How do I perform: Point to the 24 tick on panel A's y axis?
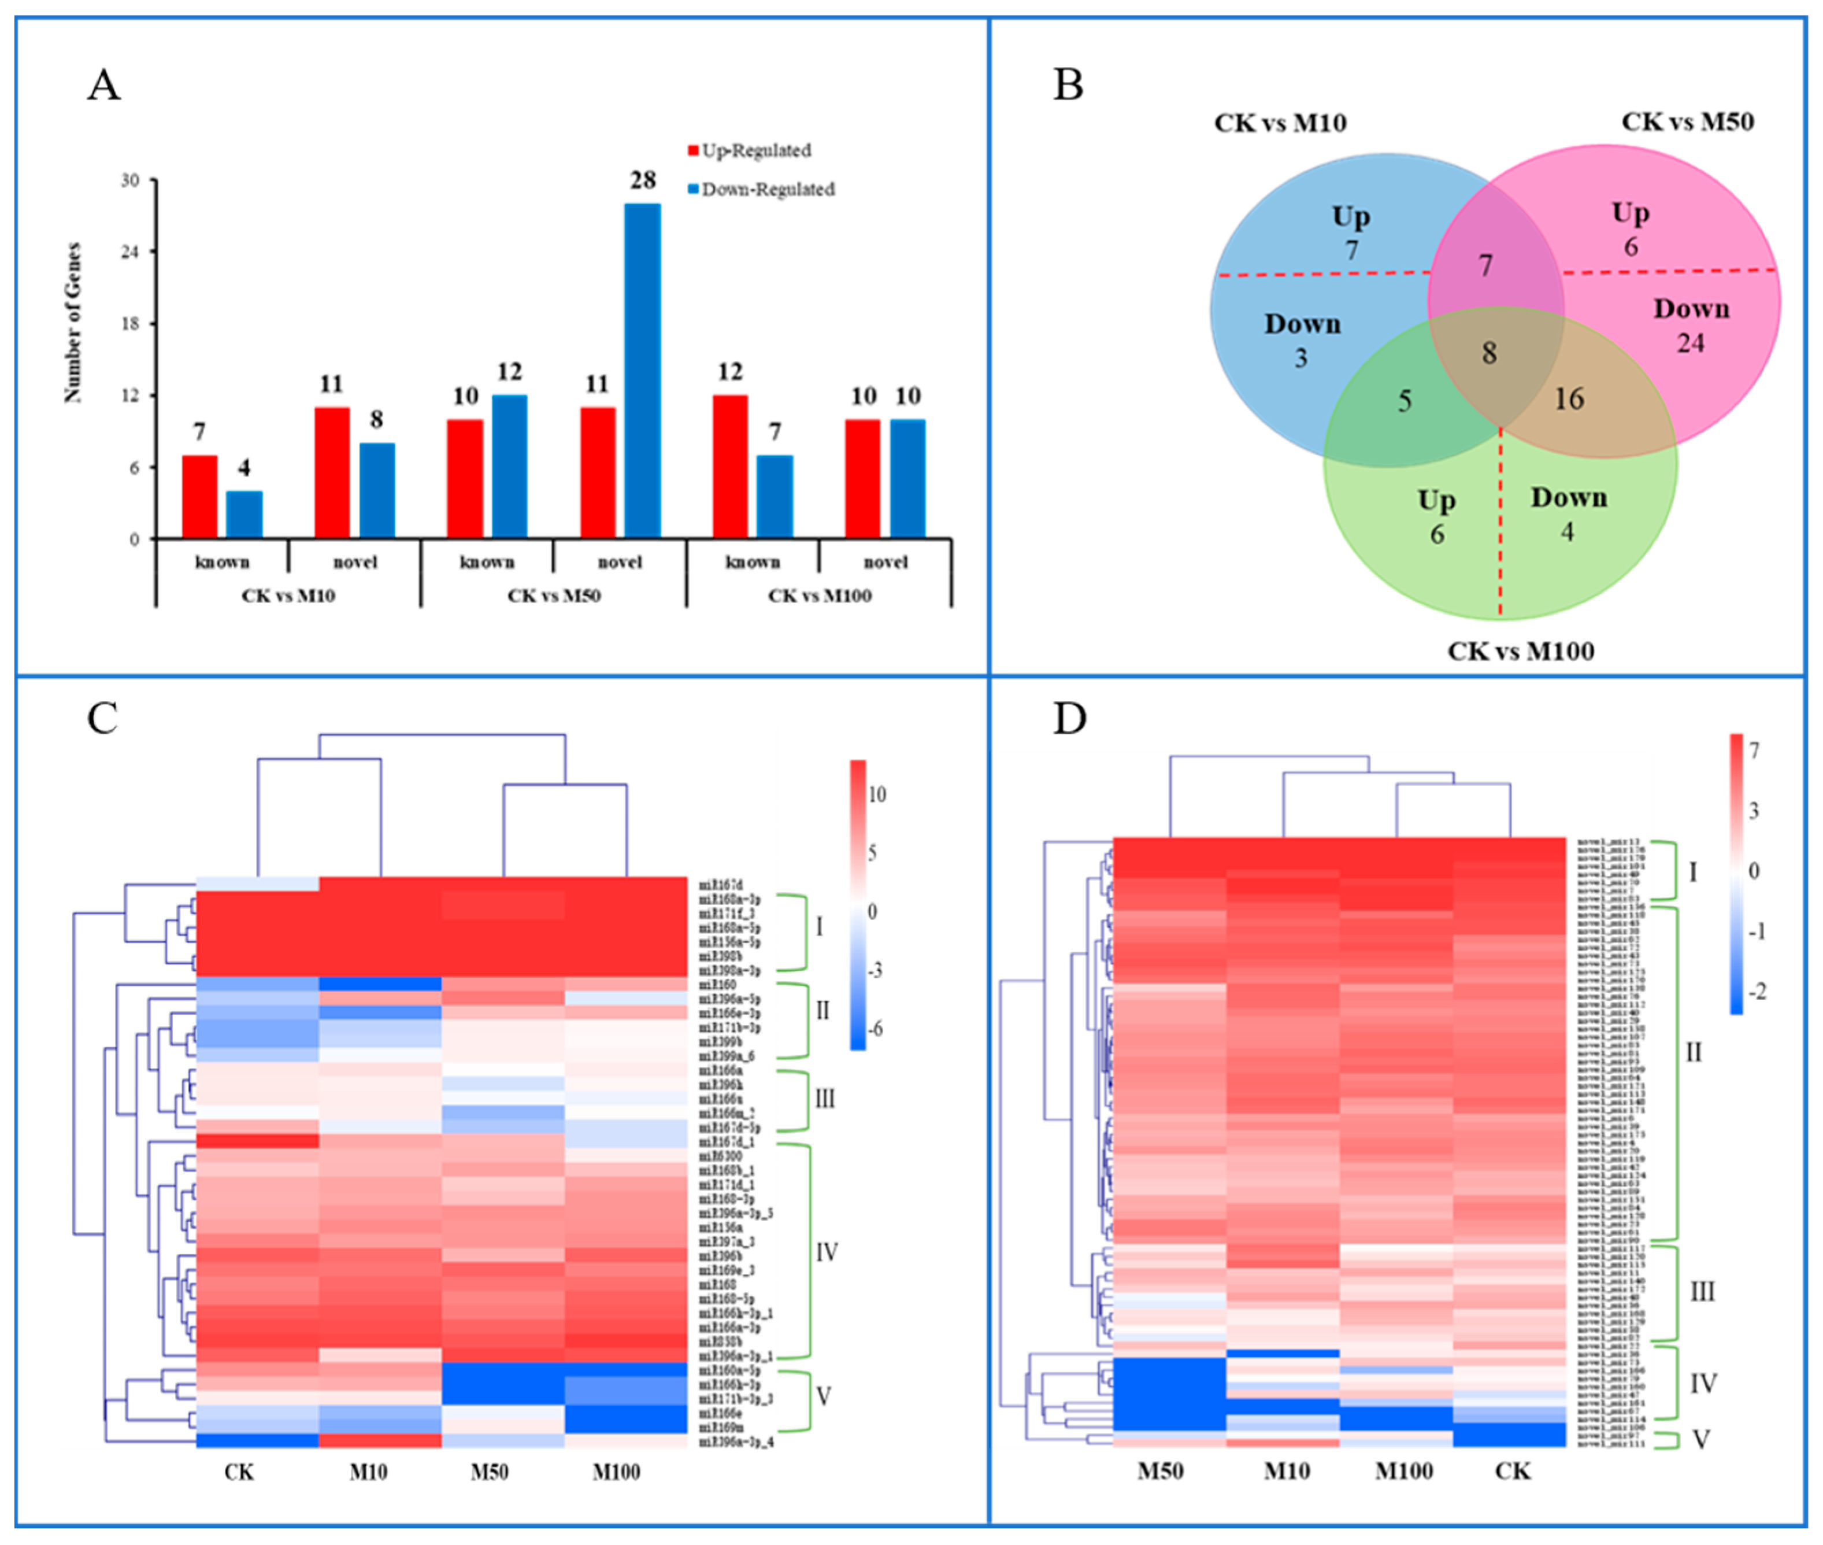(129, 252)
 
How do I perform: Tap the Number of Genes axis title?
(73, 322)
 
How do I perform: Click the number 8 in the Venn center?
(1488, 353)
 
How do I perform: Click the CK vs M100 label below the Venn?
(1520, 650)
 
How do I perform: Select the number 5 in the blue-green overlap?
(1405, 401)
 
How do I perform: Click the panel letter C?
(102, 718)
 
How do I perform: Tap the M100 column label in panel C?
(616, 1472)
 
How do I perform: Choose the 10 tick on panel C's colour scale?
(876, 794)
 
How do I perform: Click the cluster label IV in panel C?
(827, 1252)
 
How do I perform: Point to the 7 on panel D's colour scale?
(1754, 751)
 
